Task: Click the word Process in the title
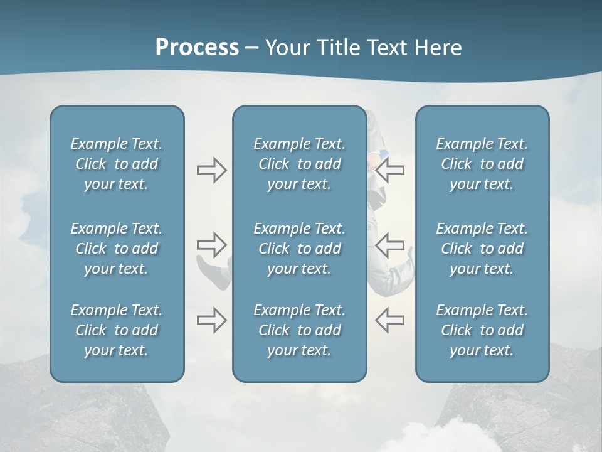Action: pyautogui.click(x=197, y=48)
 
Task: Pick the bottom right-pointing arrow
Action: pyautogui.click(x=211, y=320)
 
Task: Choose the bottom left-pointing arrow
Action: pyautogui.click(x=389, y=320)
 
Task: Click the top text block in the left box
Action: pyautogui.click(x=117, y=164)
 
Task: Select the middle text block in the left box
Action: pyautogui.click(x=117, y=249)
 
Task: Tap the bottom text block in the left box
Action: pyautogui.click(x=117, y=330)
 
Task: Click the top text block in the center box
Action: pyautogui.click(x=299, y=164)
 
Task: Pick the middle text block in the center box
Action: pyautogui.click(x=299, y=249)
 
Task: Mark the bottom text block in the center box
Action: pyautogui.click(x=299, y=330)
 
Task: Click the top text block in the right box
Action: pyautogui.click(x=482, y=164)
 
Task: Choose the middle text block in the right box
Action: pyautogui.click(x=482, y=249)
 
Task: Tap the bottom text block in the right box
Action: pyautogui.click(x=482, y=330)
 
